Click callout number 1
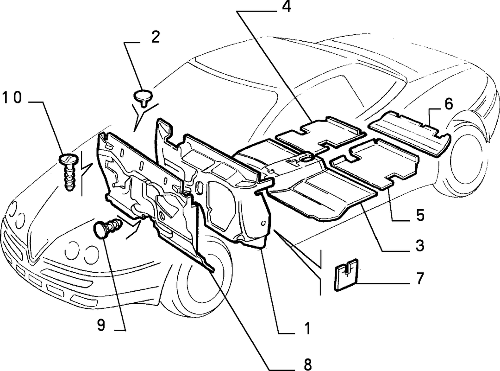[x=307, y=328]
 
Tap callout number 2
[x=155, y=38]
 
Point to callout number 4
[x=287, y=6]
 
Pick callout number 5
[x=420, y=215]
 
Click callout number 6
[x=448, y=104]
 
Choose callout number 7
[x=419, y=278]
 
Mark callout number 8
[x=307, y=364]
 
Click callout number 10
[x=12, y=97]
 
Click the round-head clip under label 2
[x=143, y=98]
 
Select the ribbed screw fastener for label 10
[x=69, y=172]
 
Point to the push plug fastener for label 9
[x=107, y=227]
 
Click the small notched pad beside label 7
[x=346, y=275]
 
